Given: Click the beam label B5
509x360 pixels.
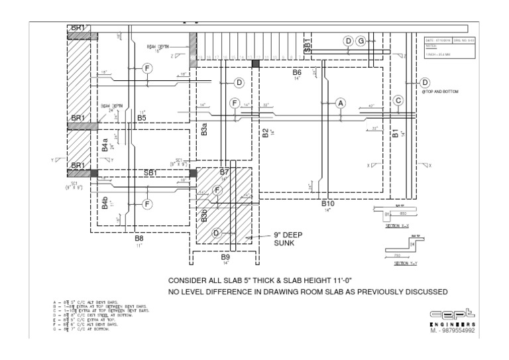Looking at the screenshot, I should coord(142,118).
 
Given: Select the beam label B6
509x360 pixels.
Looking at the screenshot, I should coord(297,72).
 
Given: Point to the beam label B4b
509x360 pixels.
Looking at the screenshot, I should coord(105,203).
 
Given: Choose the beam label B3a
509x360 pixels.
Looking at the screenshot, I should coord(205,129).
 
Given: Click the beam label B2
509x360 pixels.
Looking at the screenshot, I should coord(265,133).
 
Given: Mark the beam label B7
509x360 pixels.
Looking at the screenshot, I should coord(224,173).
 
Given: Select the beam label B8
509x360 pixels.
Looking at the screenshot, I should coord(139,237).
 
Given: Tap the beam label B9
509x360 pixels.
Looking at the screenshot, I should coord(225,257).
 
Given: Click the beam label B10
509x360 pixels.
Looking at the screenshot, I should coord(328,204).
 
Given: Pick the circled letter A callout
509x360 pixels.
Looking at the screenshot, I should coord(341,103).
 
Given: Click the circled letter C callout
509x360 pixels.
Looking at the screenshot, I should coord(398,101).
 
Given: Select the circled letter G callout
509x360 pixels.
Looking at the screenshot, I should coord(361,41).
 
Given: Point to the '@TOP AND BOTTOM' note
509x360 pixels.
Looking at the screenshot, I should coord(440,91).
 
